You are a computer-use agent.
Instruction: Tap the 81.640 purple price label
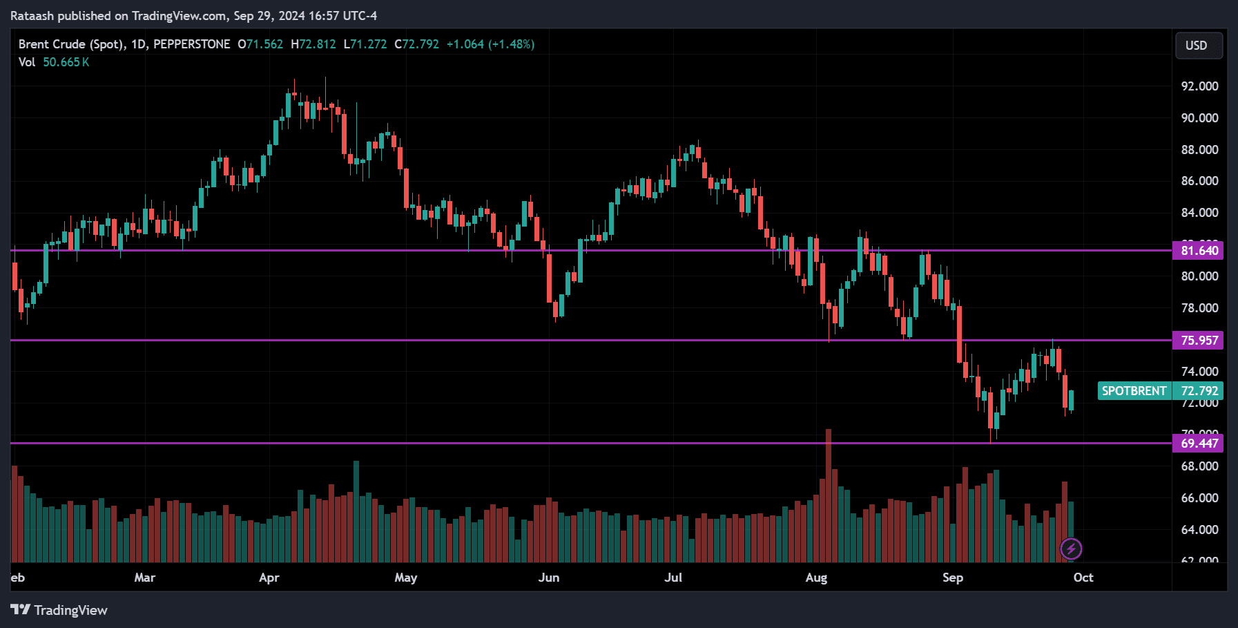click(x=1198, y=250)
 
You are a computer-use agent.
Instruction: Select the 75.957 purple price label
click(x=1198, y=340)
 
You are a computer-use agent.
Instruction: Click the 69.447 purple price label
click(x=1198, y=443)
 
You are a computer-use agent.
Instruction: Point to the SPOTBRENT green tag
click(x=1134, y=391)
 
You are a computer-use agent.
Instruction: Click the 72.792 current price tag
click(x=1199, y=391)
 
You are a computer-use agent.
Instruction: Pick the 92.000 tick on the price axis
click(x=1199, y=86)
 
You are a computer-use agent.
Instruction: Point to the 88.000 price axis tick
click(x=1199, y=150)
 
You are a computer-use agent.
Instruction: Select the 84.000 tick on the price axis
click(x=1199, y=213)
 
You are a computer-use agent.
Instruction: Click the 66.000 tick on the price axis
click(x=1199, y=498)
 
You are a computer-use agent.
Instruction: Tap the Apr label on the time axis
click(x=269, y=578)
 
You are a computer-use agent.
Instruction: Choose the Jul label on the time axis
click(x=673, y=578)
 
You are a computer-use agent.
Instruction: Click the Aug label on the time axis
click(x=816, y=578)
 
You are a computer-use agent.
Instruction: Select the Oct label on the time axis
click(x=1083, y=578)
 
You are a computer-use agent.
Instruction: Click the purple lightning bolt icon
click(x=1071, y=549)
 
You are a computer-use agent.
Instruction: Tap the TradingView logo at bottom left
click(x=59, y=610)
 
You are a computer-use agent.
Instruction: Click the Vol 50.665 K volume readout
click(x=54, y=62)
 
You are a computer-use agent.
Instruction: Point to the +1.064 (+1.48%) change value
click(x=490, y=44)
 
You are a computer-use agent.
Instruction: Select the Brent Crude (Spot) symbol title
click(x=71, y=44)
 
